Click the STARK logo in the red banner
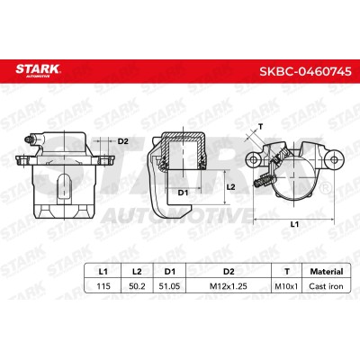coord(38,70)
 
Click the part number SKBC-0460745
coord(305,71)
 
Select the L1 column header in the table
coord(103,272)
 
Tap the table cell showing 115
coord(103,286)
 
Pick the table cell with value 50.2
coord(137,286)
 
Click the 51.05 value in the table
coord(170,286)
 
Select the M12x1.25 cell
coord(229,286)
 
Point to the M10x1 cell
coord(286,286)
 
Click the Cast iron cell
coord(326,286)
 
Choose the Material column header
coord(327,272)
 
